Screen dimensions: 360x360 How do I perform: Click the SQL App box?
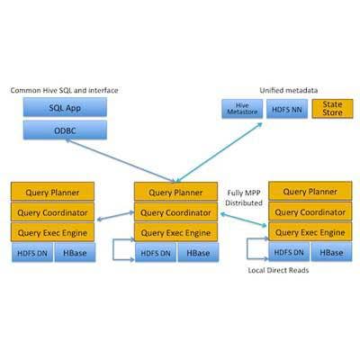pos(65,107)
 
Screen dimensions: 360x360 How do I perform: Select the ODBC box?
pos(65,130)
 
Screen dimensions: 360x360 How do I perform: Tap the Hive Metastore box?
pos(242,109)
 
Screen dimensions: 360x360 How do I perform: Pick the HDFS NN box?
pos(287,109)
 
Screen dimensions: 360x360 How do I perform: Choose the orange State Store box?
pos(332,109)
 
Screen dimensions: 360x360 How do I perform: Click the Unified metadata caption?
pos(289,90)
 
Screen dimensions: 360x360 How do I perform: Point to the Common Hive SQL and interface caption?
pos(64,90)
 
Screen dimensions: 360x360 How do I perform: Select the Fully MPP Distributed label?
pos(244,198)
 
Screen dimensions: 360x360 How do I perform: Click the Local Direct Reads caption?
pos(278,270)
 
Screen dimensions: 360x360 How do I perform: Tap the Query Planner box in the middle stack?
pos(175,192)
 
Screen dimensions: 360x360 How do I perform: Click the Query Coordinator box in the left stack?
pos(52,212)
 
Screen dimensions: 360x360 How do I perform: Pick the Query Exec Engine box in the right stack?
pos(310,231)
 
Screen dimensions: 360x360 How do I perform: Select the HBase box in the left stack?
pos(75,253)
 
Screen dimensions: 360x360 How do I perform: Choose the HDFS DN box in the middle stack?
pos(156,253)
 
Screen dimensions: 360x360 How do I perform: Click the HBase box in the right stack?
pos(331,252)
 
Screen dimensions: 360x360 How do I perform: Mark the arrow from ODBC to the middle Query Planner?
pos(121,161)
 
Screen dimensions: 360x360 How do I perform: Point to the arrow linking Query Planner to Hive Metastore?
pos(220,152)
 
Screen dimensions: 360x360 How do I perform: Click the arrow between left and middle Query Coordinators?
pos(115,216)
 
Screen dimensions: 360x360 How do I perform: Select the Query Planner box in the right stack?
pos(310,191)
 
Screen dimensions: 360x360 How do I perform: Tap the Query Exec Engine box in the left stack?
pos(52,232)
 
